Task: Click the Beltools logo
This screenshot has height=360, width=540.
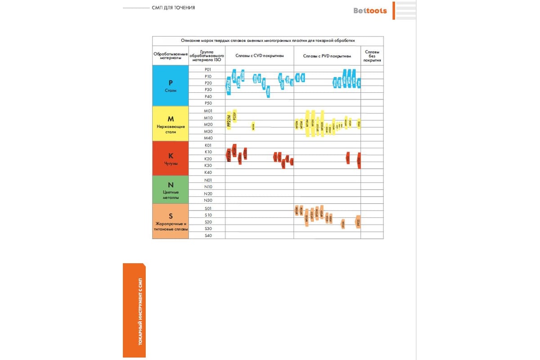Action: click(369, 10)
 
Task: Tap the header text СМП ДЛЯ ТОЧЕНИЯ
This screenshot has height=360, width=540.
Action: click(173, 8)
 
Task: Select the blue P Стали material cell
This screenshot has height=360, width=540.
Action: click(171, 85)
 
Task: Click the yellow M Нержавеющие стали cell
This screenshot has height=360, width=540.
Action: click(171, 123)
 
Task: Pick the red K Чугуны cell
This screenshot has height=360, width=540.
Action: click(171, 158)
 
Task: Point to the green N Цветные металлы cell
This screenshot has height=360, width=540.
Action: click(171, 189)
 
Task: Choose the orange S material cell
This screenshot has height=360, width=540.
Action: click(171, 221)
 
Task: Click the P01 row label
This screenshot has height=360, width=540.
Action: click(207, 69)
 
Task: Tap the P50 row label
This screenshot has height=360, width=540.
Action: click(207, 103)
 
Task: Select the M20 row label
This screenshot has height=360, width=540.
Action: click(207, 124)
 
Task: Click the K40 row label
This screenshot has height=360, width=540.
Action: click(207, 172)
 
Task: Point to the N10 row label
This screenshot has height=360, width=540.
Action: click(207, 186)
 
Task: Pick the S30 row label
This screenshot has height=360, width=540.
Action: click(207, 229)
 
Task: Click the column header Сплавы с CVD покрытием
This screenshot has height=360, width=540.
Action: click(260, 56)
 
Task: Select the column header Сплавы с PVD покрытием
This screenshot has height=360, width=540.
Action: click(327, 56)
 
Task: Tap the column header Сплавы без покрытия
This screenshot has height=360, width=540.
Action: click(372, 56)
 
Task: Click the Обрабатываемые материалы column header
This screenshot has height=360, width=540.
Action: click(171, 56)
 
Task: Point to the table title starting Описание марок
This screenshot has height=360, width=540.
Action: click(268, 40)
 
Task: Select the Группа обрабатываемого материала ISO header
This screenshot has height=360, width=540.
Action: click(207, 56)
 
